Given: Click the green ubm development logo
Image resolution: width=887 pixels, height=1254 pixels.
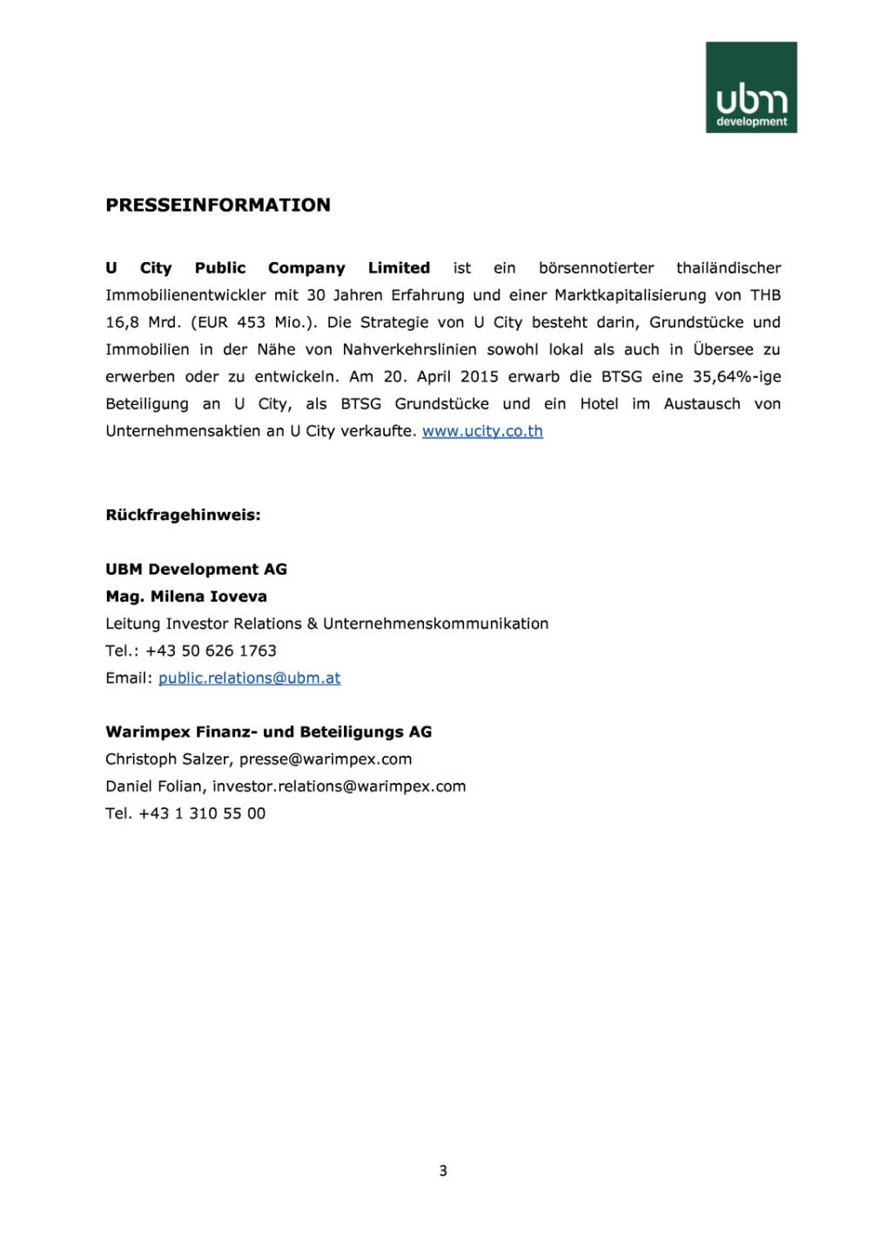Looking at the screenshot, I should pyautogui.click(x=750, y=87).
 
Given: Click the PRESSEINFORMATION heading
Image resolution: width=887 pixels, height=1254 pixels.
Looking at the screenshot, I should pyautogui.click(x=218, y=206).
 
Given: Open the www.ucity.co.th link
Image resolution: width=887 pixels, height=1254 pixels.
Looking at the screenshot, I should pyautogui.click(x=482, y=431).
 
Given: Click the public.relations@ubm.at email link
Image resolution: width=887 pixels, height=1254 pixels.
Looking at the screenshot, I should pyautogui.click(x=249, y=678).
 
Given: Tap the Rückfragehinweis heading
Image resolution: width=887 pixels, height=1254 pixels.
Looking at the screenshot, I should pyautogui.click(x=183, y=515).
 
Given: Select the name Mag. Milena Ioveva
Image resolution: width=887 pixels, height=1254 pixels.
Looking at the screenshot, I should pyautogui.click(x=186, y=597).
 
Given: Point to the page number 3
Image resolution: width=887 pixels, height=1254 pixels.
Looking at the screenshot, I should pyautogui.click(x=443, y=1170).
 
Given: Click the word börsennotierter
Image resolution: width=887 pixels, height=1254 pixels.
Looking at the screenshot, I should pyautogui.click(x=596, y=268).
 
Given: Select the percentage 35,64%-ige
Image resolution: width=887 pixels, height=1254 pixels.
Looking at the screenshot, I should pyautogui.click(x=736, y=377).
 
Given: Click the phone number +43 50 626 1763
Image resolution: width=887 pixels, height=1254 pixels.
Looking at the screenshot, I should pyautogui.click(x=211, y=651).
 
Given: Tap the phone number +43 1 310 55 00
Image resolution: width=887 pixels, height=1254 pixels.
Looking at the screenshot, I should pyautogui.click(x=202, y=813).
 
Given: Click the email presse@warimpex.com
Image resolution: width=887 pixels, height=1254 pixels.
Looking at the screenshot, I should pyautogui.click(x=326, y=759).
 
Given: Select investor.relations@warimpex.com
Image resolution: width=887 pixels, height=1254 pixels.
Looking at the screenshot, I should pyautogui.click(x=339, y=786).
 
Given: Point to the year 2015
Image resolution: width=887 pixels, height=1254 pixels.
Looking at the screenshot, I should pyautogui.click(x=480, y=377).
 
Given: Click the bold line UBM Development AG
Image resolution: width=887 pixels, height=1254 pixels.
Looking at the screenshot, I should pyautogui.click(x=196, y=570).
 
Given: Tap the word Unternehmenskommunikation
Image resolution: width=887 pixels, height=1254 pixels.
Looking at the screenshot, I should pyautogui.click(x=435, y=624).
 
